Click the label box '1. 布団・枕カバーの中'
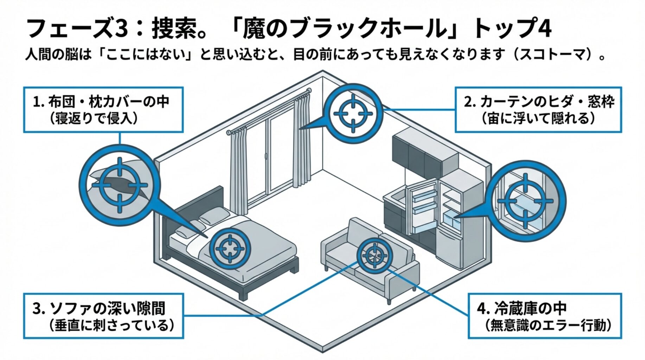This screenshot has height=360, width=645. (x=103, y=110)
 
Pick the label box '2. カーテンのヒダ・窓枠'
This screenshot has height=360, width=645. (x=538, y=110)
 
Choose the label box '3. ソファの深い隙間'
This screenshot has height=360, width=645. (x=103, y=316)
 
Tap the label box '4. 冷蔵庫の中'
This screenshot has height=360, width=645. (x=544, y=316)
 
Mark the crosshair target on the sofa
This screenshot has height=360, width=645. (x=374, y=255)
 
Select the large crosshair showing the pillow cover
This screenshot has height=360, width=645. (x=120, y=185)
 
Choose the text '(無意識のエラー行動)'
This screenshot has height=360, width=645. (x=548, y=325)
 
